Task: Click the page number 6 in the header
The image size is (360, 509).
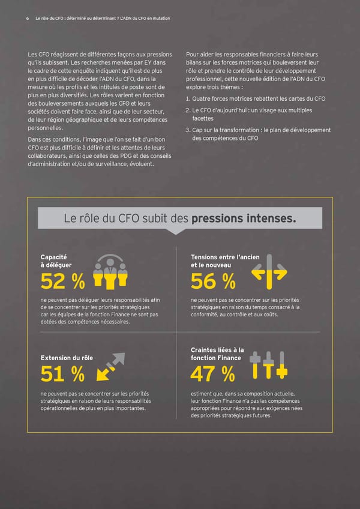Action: point(28,18)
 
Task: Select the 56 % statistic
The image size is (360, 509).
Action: point(213,280)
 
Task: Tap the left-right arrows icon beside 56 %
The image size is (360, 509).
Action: point(269,273)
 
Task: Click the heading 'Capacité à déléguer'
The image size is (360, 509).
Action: point(56,261)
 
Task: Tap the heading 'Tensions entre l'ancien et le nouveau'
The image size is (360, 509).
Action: point(224,261)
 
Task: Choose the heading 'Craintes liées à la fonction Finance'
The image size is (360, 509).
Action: point(217,354)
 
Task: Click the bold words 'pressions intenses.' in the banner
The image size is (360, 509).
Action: point(244,218)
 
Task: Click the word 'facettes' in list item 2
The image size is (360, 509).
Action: point(204,119)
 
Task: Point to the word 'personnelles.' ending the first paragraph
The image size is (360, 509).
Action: point(53,128)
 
